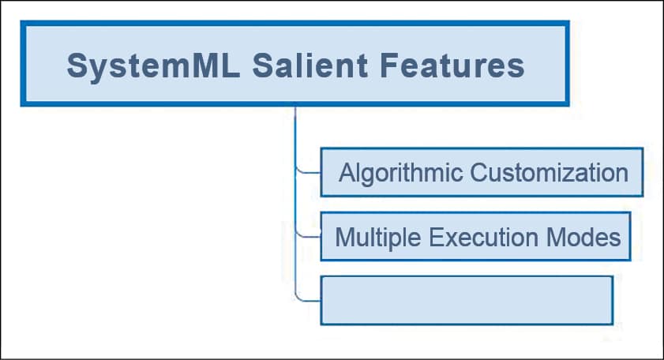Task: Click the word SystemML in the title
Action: point(154,66)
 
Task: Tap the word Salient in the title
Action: point(310,66)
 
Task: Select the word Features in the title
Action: point(452,66)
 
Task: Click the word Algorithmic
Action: point(400,173)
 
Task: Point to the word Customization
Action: point(550,172)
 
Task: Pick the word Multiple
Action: point(377,238)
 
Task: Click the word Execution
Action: point(483,237)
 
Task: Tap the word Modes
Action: point(583,237)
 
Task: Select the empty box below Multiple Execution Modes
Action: point(467,301)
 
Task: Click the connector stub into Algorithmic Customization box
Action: point(308,172)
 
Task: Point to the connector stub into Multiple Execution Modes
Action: point(308,236)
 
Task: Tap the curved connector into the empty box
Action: point(308,300)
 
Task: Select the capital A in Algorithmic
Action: point(348,172)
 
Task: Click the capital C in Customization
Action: point(480,172)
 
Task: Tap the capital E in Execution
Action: point(436,237)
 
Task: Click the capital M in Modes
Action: point(557,237)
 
